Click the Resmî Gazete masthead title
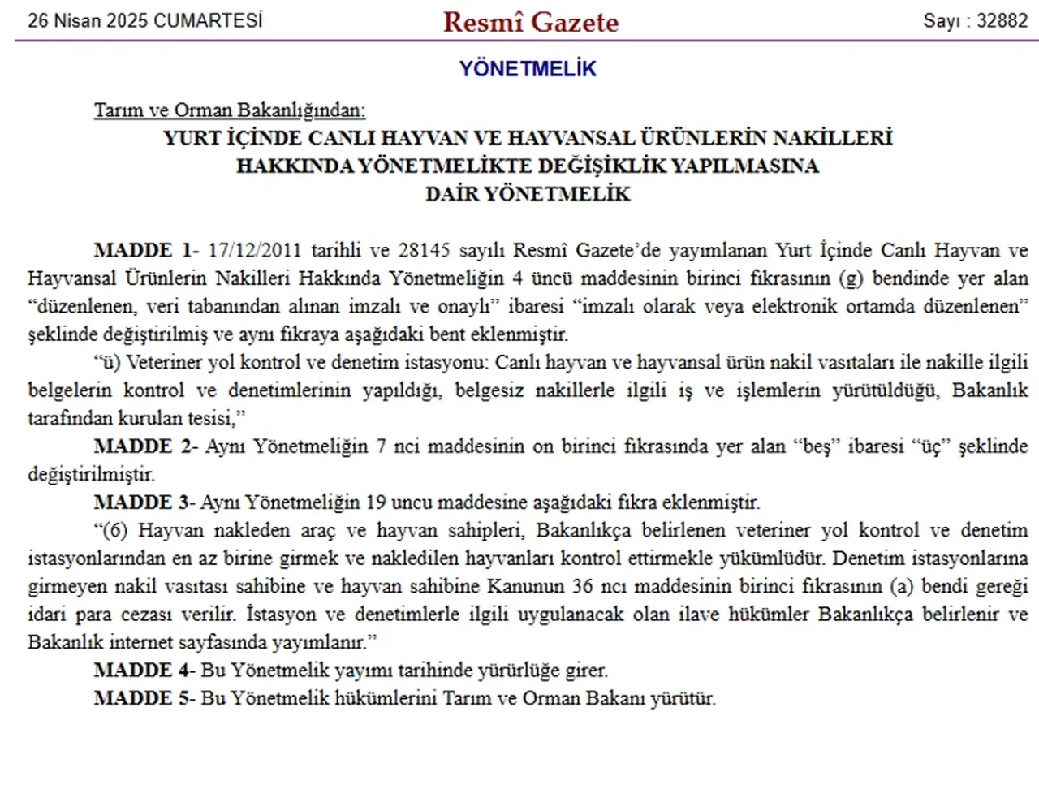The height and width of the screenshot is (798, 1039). pyautogui.click(x=530, y=22)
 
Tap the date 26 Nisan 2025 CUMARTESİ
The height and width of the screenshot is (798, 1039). pyautogui.click(x=145, y=20)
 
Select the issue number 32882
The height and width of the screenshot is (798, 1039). pyautogui.click(x=1002, y=20)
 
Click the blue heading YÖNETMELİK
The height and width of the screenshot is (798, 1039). pyautogui.click(x=528, y=69)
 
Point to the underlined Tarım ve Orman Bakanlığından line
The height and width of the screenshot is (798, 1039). pyautogui.click(x=230, y=110)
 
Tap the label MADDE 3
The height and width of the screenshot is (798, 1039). pyautogui.click(x=143, y=502)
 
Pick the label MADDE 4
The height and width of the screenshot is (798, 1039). pyautogui.click(x=143, y=670)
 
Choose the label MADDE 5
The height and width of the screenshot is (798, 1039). pyautogui.click(x=143, y=697)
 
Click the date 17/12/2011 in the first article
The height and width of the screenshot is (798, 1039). pyautogui.click(x=254, y=250)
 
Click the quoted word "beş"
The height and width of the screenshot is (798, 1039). pyautogui.click(x=816, y=446)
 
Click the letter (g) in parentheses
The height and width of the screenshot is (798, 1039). pyautogui.click(x=850, y=278)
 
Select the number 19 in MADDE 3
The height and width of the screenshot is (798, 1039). pyautogui.click(x=375, y=502)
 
